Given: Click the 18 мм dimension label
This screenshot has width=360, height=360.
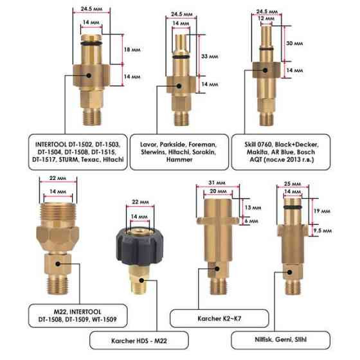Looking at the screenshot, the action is point(132,50).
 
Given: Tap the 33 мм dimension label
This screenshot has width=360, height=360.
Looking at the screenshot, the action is point(210,57).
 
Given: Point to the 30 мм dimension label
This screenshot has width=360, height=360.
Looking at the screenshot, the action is point(294,43).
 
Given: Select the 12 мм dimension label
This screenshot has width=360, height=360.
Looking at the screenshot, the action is point(266,18).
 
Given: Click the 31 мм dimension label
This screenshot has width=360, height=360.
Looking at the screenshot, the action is point(217,183).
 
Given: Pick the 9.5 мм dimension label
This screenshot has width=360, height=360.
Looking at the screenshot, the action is point(322,230).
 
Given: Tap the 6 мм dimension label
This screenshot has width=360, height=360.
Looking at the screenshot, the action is point(251,221).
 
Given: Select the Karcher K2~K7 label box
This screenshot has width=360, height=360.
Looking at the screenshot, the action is point(219,318).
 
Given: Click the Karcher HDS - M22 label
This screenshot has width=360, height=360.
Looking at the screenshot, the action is point(139,341).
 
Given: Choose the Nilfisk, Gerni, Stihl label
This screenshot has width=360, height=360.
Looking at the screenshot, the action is point(280,339).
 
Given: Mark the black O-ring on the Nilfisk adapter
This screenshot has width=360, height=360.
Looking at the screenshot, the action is point(292,208).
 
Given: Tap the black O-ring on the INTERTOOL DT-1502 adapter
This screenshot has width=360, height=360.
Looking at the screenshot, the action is point(91,44).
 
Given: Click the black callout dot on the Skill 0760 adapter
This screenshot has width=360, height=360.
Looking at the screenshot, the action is point(265,70).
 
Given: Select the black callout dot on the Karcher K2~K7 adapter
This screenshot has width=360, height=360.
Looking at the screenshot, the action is point(217,269).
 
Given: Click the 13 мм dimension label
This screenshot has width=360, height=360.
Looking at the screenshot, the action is point(253,208).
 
